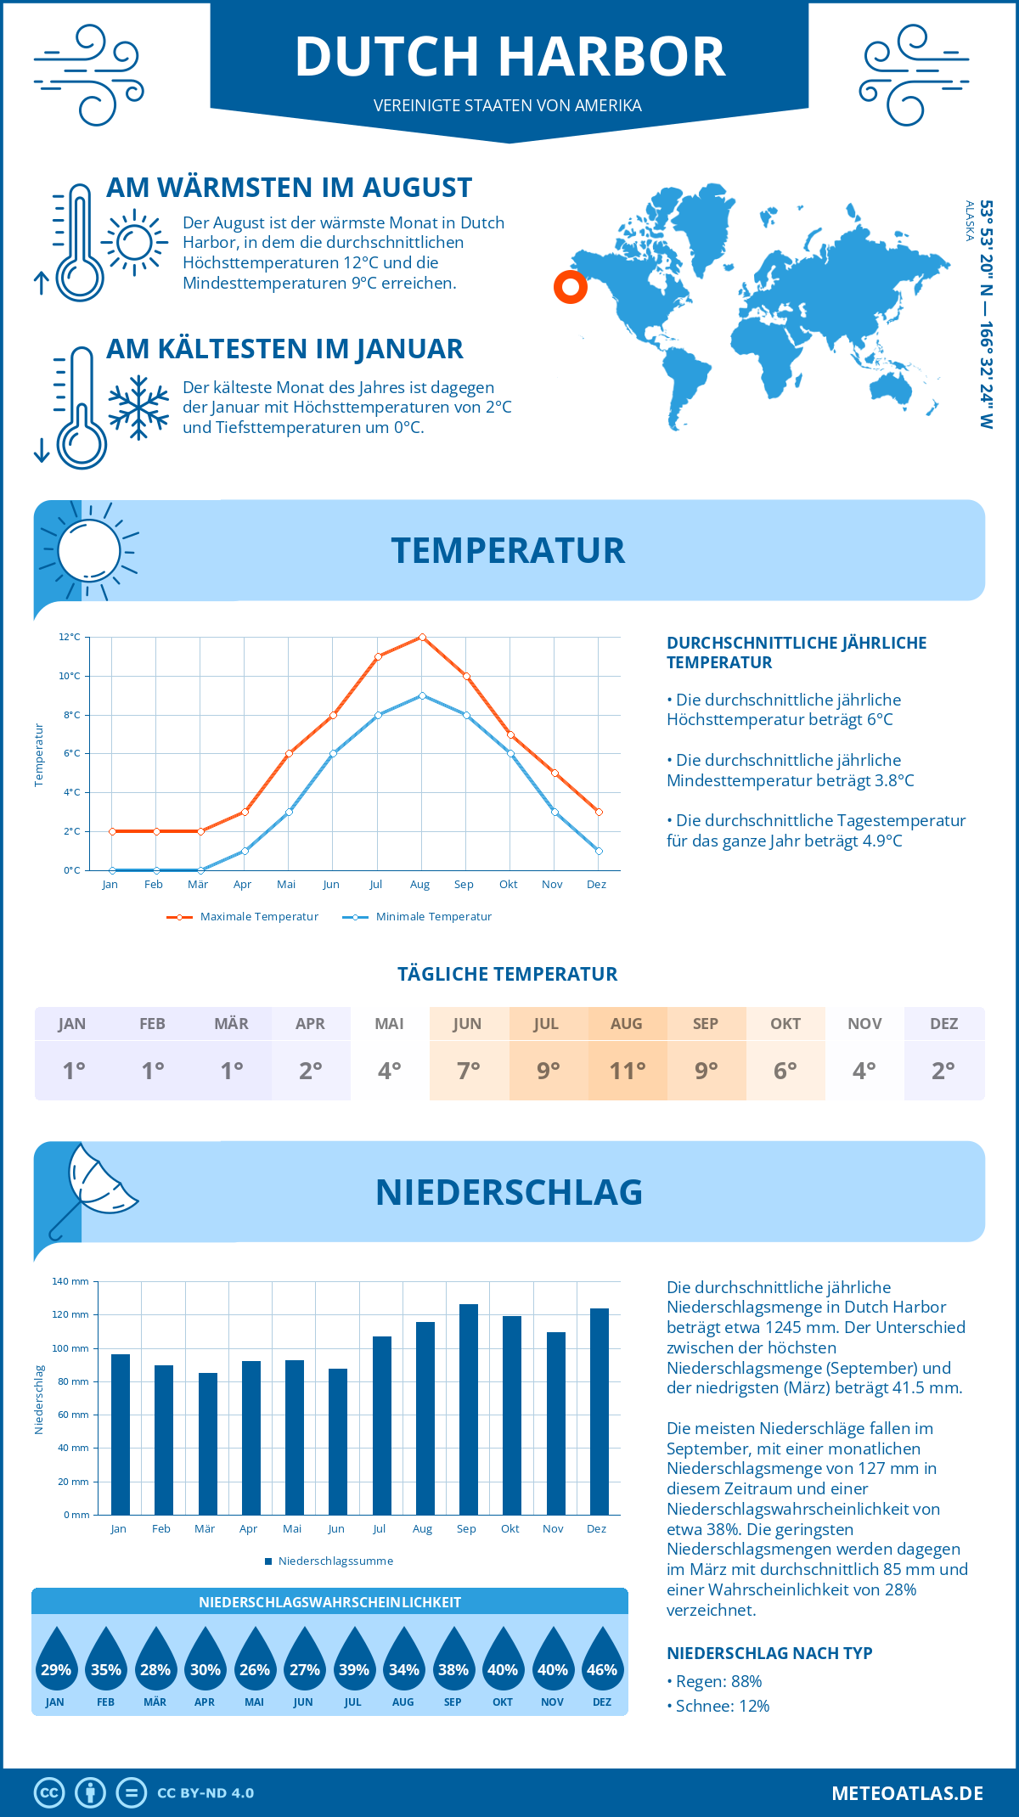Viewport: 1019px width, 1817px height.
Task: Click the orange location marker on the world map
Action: click(x=571, y=287)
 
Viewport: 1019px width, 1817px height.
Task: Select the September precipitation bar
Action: click(x=469, y=1409)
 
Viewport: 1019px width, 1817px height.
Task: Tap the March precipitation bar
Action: click(x=207, y=1443)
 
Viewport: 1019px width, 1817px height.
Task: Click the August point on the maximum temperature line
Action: click(x=422, y=637)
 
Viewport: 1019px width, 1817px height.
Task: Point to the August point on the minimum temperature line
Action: click(x=422, y=695)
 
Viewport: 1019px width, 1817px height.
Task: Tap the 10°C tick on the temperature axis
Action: click(x=70, y=676)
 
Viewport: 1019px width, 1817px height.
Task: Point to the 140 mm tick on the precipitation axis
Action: click(x=71, y=1281)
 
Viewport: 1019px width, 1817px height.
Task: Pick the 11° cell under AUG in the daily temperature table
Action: click(x=627, y=1071)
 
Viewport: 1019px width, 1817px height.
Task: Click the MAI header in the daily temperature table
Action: click(x=389, y=1023)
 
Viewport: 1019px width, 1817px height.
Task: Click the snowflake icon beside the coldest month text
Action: click(x=138, y=408)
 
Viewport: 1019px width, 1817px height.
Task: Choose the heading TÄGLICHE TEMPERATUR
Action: click(x=508, y=974)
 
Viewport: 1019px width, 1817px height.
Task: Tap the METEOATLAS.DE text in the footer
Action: click(x=907, y=1792)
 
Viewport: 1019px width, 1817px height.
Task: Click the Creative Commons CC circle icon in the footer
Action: click(x=49, y=1792)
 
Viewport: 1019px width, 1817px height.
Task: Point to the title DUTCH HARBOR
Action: click(x=509, y=57)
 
